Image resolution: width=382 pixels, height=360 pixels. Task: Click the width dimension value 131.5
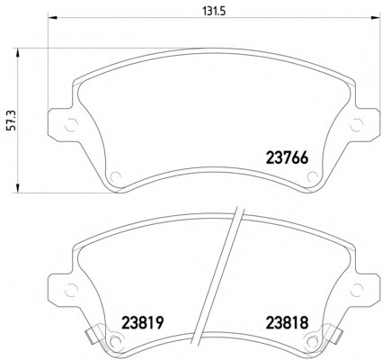click(214, 11)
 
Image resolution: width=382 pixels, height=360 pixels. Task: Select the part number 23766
click(287, 157)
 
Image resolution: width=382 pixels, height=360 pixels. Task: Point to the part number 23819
click(143, 323)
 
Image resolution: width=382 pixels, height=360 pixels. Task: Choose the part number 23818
click(287, 323)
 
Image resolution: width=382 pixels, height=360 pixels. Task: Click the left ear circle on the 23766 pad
click(71, 124)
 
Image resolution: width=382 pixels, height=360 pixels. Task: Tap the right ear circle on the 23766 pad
click(357, 124)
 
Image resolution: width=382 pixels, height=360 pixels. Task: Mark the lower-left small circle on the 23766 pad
click(115, 176)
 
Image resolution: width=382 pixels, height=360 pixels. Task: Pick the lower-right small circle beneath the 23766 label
click(313, 176)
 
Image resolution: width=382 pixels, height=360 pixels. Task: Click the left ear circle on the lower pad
click(71, 290)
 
